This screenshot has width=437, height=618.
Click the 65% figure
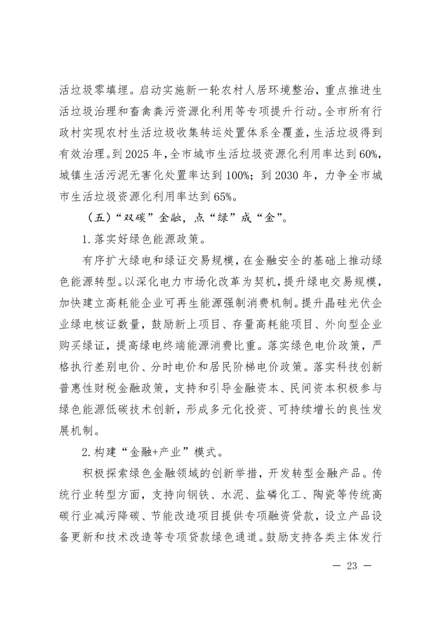(223, 197)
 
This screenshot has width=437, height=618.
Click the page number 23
(352, 565)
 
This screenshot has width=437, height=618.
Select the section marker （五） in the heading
(96, 219)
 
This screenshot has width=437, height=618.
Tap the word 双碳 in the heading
(133, 219)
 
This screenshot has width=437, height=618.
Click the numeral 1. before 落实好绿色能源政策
(86, 240)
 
